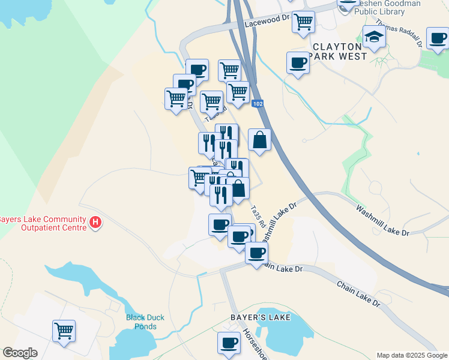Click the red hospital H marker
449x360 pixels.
95,223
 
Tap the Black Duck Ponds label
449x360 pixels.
141,322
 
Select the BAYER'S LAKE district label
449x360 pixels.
261,317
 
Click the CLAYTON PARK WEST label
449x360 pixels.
339,51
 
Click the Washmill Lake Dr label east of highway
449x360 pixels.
382,220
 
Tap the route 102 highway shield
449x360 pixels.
258,104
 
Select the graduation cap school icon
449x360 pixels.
374,37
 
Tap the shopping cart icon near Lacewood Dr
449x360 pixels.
304,22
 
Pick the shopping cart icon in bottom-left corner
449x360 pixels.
64,330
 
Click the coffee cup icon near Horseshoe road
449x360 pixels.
228,343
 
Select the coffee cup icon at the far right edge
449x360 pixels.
438,38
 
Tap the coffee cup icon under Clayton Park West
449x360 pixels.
297,62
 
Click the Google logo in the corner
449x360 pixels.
20,353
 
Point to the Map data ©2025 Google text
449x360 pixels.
411,355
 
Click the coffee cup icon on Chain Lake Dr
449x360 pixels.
256,253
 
